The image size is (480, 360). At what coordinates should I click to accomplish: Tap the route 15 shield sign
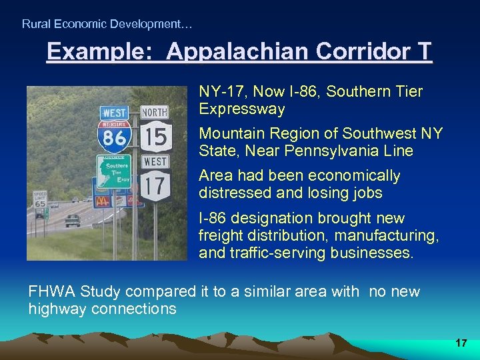155,137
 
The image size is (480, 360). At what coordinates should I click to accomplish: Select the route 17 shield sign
155,187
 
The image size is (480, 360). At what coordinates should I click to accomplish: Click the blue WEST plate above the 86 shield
114,112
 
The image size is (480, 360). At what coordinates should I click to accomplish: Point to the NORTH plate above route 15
155,111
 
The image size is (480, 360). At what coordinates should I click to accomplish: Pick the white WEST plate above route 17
155,161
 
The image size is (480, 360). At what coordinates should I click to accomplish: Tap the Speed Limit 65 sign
40,198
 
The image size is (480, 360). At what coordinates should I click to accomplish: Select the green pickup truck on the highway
72,220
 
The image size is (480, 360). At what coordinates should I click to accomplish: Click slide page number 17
461,343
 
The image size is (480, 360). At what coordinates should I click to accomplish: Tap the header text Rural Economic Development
107,24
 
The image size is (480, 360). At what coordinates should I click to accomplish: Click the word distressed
229,193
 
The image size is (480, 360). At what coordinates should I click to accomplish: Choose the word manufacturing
385,236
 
